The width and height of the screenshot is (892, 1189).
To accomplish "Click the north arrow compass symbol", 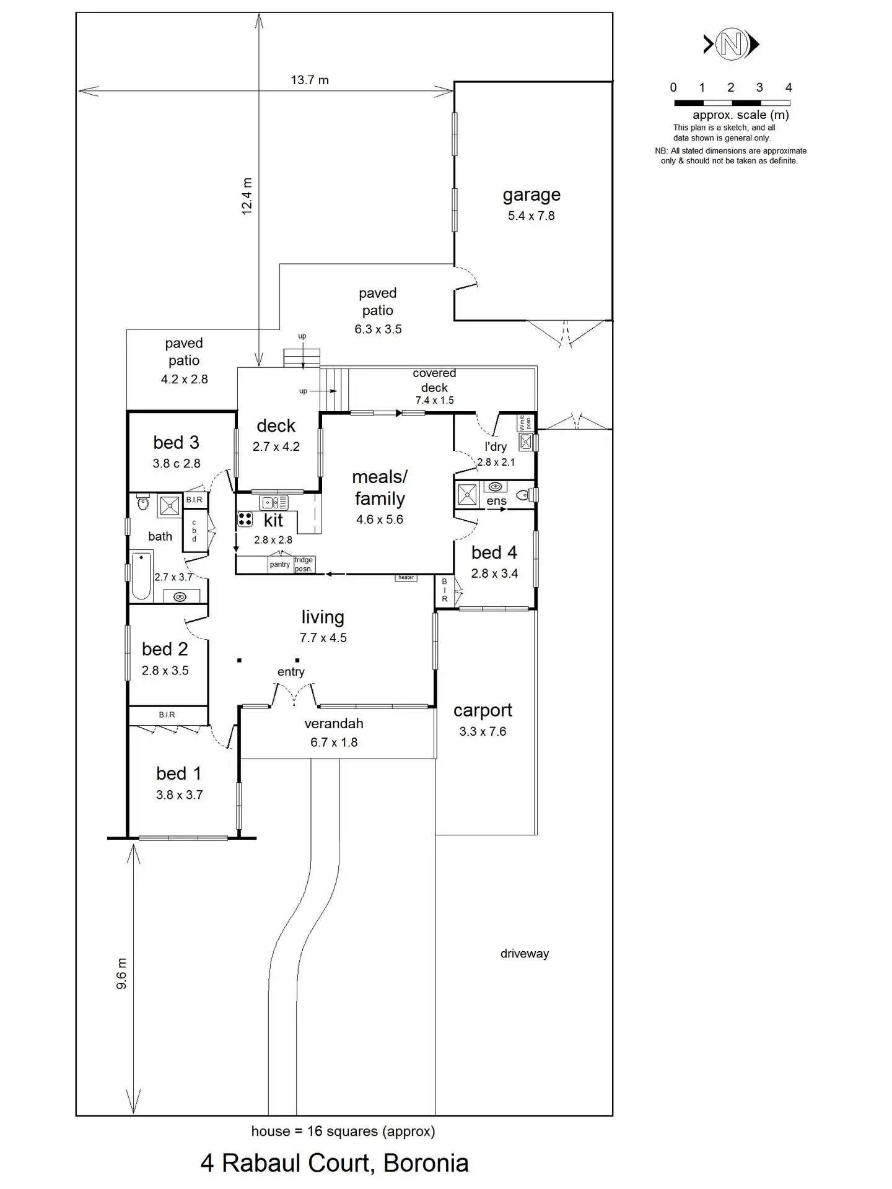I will [x=731, y=44].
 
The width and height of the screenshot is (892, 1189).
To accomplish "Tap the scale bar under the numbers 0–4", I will [x=732, y=103].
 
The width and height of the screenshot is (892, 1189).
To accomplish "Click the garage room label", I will [x=531, y=195].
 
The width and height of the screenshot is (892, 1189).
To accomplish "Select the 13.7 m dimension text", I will [x=310, y=80].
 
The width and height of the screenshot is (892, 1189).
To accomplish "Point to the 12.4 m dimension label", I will [x=247, y=196].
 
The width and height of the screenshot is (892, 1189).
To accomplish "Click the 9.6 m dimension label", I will [x=121, y=973].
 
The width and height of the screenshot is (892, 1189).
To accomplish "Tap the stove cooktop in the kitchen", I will [x=245, y=519].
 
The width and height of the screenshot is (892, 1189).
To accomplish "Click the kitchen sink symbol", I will [x=273, y=503].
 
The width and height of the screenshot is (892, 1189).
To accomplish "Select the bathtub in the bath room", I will [x=141, y=576].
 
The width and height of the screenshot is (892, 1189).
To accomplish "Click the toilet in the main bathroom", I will [x=143, y=502].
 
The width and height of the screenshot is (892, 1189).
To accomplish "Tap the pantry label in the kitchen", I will [x=279, y=564].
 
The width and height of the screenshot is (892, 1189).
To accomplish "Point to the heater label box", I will [x=406, y=578].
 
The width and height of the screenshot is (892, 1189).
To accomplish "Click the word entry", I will [x=291, y=672].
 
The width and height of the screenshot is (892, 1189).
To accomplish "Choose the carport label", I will [x=483, y=710].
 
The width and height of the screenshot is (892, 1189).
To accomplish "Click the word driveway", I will [x=524, y=954].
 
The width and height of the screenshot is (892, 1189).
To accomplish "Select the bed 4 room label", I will [x=494, y=552].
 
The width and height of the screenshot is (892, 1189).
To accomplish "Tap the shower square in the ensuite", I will [x=467, y=494].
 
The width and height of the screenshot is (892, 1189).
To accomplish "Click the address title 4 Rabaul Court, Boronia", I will [x=334, y=1163].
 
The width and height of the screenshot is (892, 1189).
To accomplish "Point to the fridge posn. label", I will [x=304, y=564].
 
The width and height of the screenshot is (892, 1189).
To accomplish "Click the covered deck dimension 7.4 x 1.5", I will [x=434, y=401].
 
